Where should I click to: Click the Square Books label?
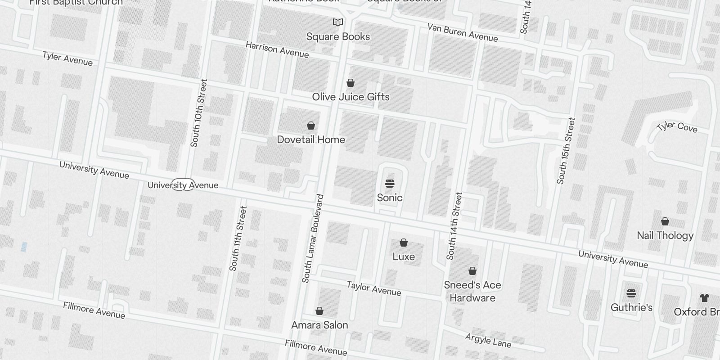pyautogui.click(x=338, y=37)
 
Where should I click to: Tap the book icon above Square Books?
pyautogui.click(x=338, y=22)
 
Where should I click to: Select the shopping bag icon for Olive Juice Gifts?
pyautogui.click(x=351, y=83)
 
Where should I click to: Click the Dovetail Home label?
pyautogui.click(x=311, y=139)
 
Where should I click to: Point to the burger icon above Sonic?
pyautogui.click(x=390, y=184)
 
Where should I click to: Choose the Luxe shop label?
pyautogui.click(x=404, y=256)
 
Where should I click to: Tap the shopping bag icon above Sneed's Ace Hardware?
pyautogui.click(x=472, y=271)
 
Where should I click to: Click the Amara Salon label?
pyautogui.click(x=319, y=325)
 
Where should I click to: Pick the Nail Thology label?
pyautogui.click(x=665, y=235)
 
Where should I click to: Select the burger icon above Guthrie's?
pyautogui.click(x=631, y=294)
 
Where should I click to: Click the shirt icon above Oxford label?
pyautogui.click(x=704, y=298)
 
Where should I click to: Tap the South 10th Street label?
pyautogui.click(x=198, y=113)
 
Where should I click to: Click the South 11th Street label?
pyautogui.click(x=238, y=238)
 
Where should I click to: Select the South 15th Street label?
pyautogui.click(x=566, y=151)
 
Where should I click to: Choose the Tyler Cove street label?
pyautogui.click(x=677, y=127)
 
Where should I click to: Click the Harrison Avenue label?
pyautogui.click(x=277, y=50)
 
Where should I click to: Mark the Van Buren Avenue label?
pyautogui.click(x=463, y=33)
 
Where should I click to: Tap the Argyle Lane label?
pyautogui.click(x=488, y=340)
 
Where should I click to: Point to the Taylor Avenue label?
pyautogui.click(x=373, y=288)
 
